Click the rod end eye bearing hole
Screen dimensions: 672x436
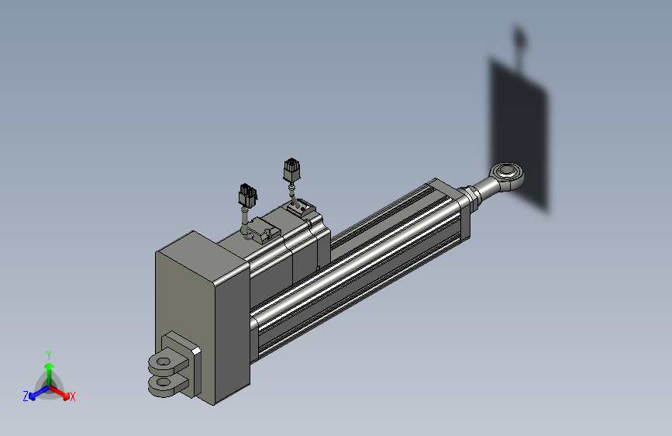pyautogui.click(x=507, y=171)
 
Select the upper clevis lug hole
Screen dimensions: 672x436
pyautogui.click(x=164, y=362)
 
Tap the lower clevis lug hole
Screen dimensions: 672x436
pyautogui.click(x=163, y=381)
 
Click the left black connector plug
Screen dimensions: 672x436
pyautogui.click(x=248, y=195)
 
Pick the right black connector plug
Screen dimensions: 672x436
pyautogui.click(x=291, y=169)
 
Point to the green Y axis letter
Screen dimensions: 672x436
pyautogui.click(x=49, y=355)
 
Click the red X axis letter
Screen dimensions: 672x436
pyautogui.click(x=72, y=397)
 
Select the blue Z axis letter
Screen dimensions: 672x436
pyautogui.click(x=26, y=396)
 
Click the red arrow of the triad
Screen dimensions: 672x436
pyautogui.click(x=59, y=393)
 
